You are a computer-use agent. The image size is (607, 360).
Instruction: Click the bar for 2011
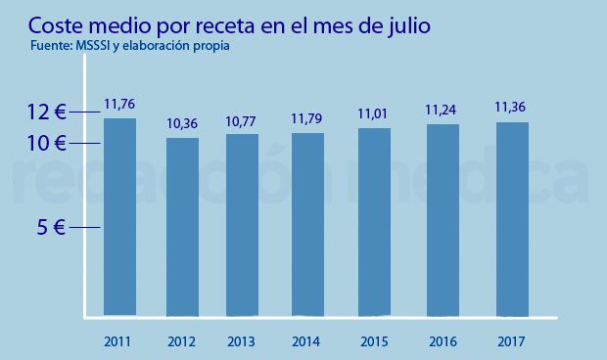point(119,217)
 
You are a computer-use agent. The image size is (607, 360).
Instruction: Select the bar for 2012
point(182,227)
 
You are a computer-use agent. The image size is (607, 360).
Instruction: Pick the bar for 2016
point(443,220)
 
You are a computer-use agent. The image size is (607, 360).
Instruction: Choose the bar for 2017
point(512,219)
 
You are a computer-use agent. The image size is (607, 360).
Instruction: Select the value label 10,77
point(242,122)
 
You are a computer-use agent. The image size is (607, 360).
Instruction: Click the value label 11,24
point(443,111)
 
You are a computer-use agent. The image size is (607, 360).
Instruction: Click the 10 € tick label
point(46,144)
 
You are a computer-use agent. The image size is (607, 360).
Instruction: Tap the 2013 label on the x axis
point(242,342)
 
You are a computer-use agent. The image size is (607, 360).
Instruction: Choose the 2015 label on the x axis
point(375,342)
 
